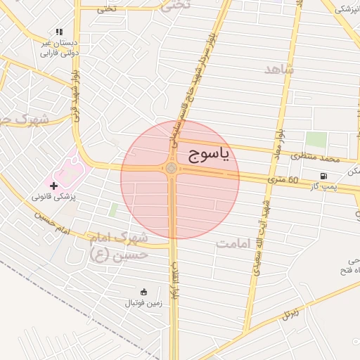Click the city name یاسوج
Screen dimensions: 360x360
pyautogui.click(x=209, y=156)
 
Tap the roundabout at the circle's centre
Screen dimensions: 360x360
pyautogui.click(x=172, y=169)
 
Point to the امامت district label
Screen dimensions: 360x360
pyautogui.click(x=234, y=244)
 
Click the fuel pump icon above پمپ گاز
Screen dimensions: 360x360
pyautogui.click(x=323, y=176)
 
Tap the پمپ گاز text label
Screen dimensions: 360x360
pyautogui.click(x=323, y=186)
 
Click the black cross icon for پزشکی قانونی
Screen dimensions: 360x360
pyautogui.click(x=53, y=185)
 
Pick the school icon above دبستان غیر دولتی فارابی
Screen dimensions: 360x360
pyautogui.click(x=59, y=32)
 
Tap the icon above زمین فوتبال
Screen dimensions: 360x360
pyautogui.click(x=143, y=292)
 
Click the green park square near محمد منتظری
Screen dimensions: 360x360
pyautogui.click(x=316, y=140)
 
